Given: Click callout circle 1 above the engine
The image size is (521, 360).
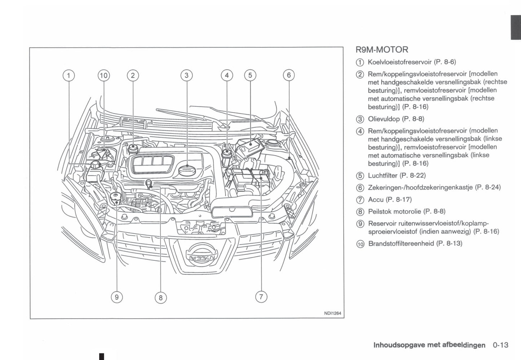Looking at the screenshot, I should pyautogui.click(x=69, y=75).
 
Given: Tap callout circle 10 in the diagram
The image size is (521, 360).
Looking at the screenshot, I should pyautogui.click(x=103, y=75).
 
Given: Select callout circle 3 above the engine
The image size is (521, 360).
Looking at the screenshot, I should pyautogui.click(x=186, y=75).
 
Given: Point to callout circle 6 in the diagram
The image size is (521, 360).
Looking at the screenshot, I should pyautogui.click(x=289, y=75).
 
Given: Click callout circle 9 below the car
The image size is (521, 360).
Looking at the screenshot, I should pyautogui.click(x=116, y=297).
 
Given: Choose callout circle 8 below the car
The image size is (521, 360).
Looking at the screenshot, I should pyautogui.click(x=160, y=298).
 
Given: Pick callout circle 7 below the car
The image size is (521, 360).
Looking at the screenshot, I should pyautogui.click(x=261, y=297).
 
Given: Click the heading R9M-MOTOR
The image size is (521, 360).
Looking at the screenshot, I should pyautogui.click(x=382, y=50).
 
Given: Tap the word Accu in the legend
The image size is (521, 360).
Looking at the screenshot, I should pyautogui.click(x=376, y=199).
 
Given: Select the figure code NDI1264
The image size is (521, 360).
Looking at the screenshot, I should pyautogui.click(x=332, y=313).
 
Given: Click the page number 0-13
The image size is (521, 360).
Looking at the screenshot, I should pyautogui.click(x=500, y=345).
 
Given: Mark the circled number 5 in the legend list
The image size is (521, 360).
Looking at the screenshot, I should pyautogui.click(x=360, y=176).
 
